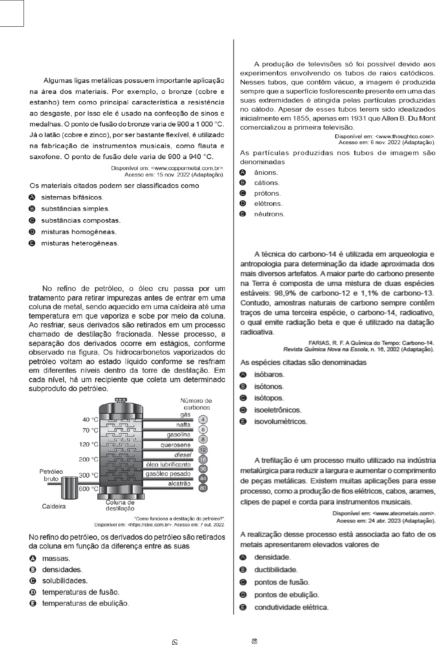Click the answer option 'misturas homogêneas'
point(78,232)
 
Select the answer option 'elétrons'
point(268,203)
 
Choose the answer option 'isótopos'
point(269,398)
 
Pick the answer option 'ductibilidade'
point(276,570)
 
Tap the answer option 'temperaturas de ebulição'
point(85,603)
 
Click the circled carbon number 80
point(203,488)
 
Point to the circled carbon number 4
point(203,419)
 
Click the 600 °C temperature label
point(89,489)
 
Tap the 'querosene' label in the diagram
point(175,445)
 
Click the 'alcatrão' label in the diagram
point(179,484)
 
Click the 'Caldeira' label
point(54,506)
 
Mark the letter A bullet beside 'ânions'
point(243,172)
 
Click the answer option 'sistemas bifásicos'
point(72,197)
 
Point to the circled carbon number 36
point(203,469)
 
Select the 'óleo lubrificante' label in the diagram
point(168,464)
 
